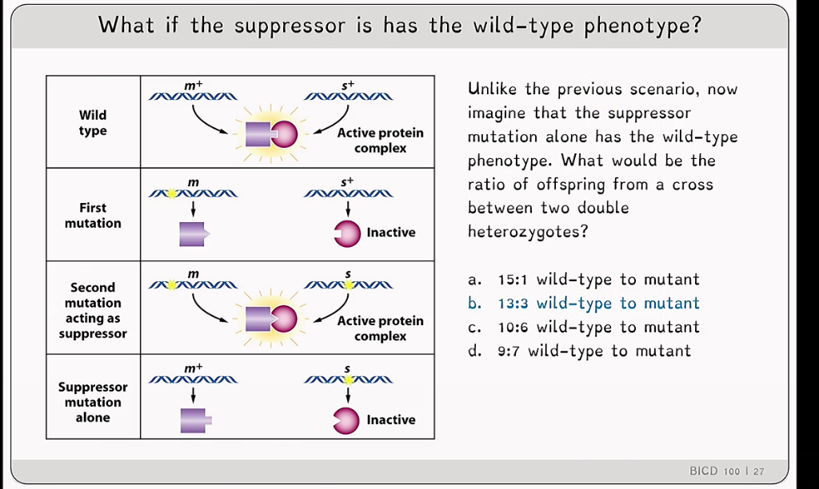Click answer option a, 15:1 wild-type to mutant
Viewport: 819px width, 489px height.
pos(583,280)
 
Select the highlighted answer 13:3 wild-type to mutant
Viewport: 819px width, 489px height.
pos(583,303)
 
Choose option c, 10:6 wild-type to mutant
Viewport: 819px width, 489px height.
pos(583,328)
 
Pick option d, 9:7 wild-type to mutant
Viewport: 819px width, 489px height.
pos(579,351)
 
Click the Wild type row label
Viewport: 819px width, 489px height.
pos(93,122)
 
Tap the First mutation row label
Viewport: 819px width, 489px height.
pos(93,215)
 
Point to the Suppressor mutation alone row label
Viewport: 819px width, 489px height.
pos(93,402)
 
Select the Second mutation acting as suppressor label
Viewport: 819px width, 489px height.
pos(93,310)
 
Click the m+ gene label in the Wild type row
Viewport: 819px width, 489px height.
pos(194,85)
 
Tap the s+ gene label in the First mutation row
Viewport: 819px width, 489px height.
pos(347,182)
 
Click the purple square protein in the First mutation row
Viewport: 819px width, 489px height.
pos(194,234)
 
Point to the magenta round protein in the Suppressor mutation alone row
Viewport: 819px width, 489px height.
pos(346,421)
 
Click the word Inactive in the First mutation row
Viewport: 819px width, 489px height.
pos(390,233)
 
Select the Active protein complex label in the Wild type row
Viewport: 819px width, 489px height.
pos(380,141)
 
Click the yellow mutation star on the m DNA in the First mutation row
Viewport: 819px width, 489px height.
pos(171,193)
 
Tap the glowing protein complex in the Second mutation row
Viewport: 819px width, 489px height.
pos(271,319)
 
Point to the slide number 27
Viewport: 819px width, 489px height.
pos(759,471)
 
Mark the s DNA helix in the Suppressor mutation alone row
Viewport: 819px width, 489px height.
pos(349,380)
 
